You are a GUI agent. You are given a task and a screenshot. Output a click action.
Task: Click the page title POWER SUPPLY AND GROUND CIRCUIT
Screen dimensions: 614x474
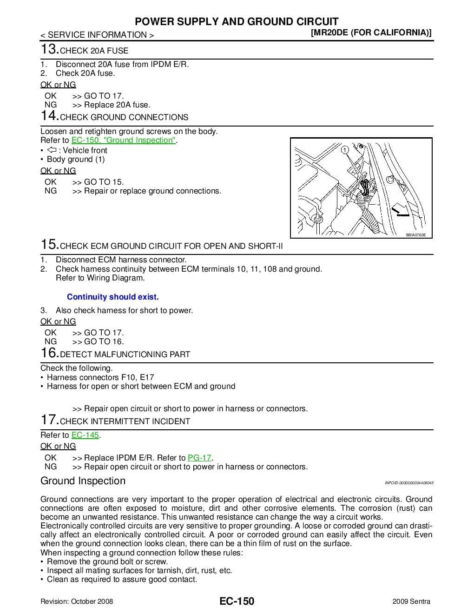click(237, 21)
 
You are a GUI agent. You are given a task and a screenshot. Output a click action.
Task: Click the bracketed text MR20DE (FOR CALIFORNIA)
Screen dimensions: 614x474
click(371, 33)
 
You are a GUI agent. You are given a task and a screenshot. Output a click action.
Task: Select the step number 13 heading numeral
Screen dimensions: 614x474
click(49, 49)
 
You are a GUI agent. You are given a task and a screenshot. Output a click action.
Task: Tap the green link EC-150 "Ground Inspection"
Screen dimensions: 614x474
click(124, 140)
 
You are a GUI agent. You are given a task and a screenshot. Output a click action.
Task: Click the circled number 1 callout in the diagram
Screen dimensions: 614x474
click(344, 150)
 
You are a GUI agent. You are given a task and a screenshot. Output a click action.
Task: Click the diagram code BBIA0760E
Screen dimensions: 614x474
click(415, 235)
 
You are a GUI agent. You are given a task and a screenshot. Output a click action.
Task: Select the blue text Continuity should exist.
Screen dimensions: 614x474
click(113, 297)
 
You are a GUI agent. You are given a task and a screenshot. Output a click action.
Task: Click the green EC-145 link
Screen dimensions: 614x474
click(86, 435)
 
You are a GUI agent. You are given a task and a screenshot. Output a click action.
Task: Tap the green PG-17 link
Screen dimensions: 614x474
click(199, 458)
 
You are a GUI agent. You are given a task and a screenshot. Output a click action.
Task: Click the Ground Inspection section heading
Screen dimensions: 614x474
click(83, 481)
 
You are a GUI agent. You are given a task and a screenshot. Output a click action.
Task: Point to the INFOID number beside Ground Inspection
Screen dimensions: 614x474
click(409, 483)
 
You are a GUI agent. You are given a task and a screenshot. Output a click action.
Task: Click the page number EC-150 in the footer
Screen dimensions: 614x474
click(237, 601)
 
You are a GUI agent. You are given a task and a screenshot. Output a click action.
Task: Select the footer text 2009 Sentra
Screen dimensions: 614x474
click(411, 601)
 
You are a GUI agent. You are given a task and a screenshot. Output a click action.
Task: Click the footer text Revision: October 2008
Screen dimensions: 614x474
click(77, 601)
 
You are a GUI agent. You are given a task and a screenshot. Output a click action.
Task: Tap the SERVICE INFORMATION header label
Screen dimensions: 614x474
click(97, 35)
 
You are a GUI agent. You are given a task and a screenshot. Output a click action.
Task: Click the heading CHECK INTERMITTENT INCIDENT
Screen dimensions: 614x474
click(125, 421)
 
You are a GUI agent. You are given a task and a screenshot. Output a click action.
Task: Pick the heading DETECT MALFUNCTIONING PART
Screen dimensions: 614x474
click(125, 354)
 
